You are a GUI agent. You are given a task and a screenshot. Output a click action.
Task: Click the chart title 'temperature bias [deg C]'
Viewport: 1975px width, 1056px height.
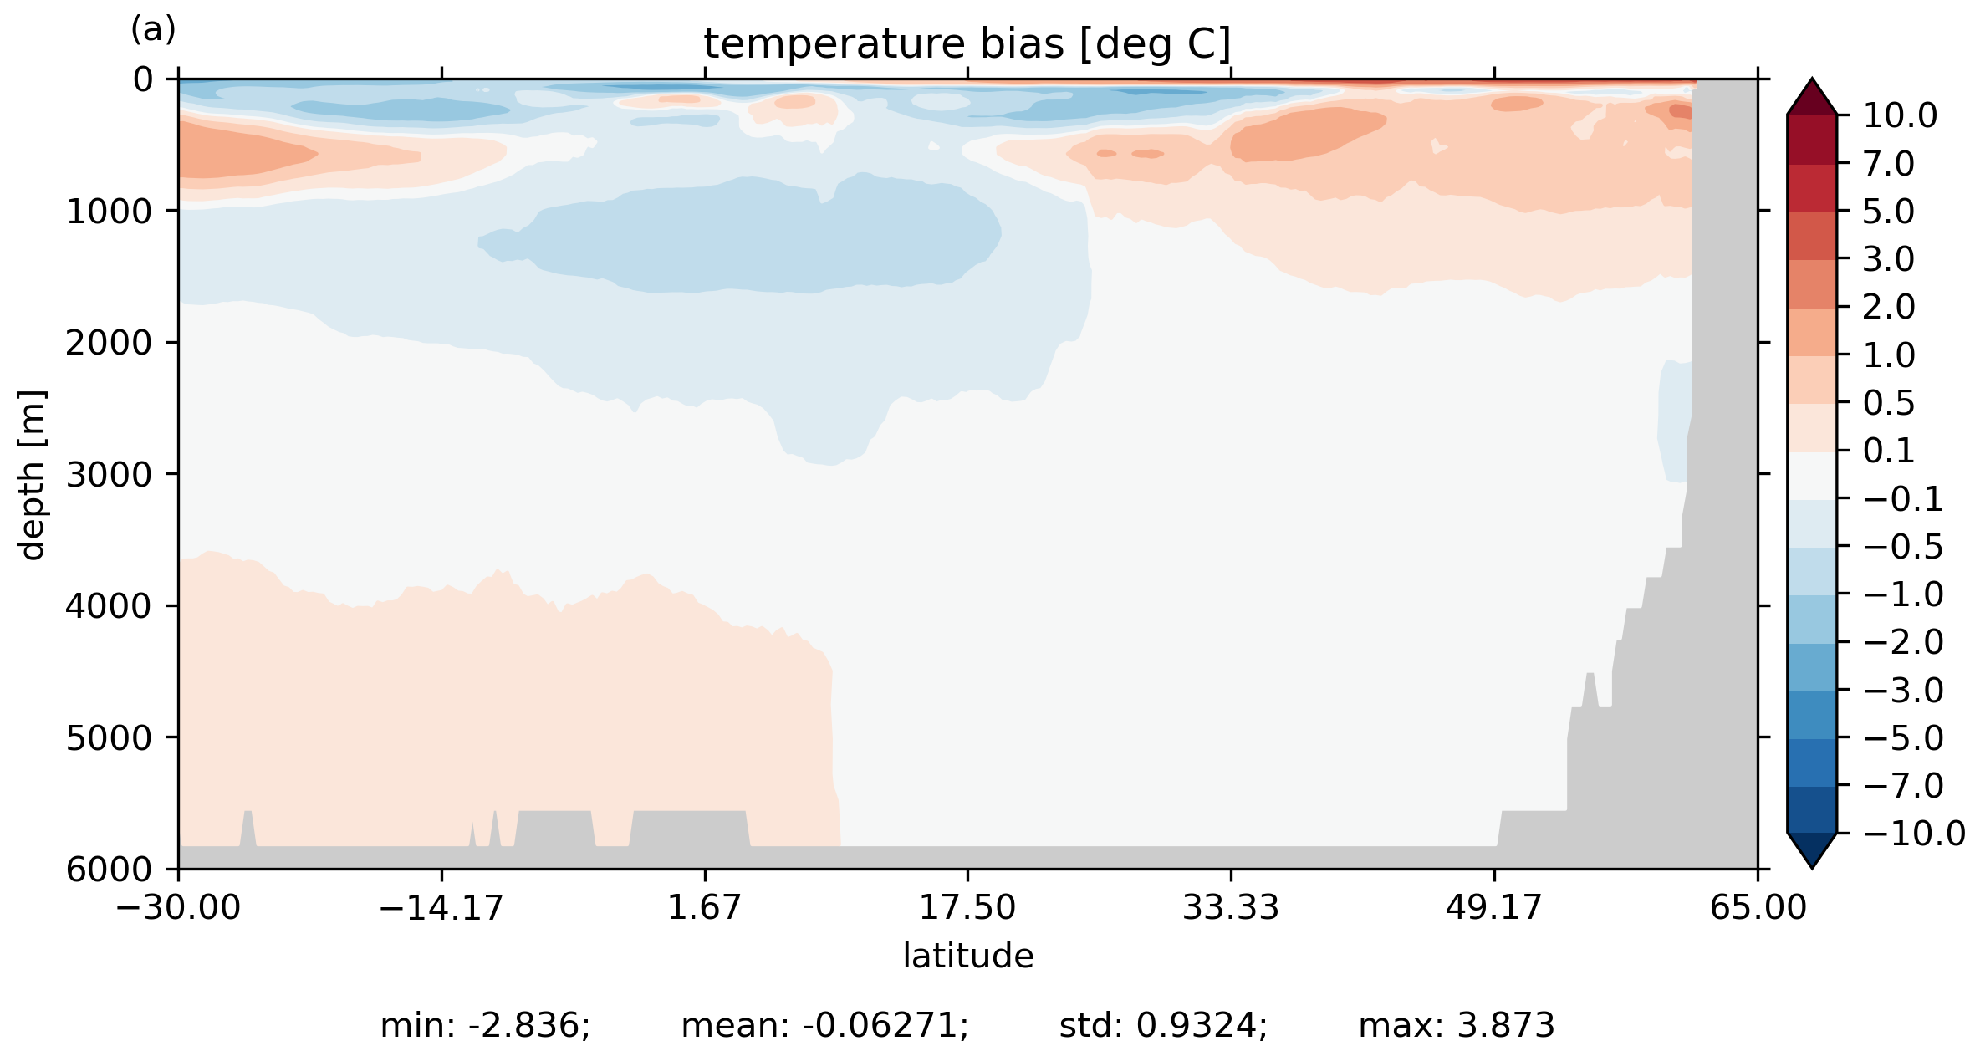pos(967,44)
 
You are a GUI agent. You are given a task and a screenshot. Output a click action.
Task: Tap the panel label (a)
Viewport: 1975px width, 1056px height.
pos(153,30)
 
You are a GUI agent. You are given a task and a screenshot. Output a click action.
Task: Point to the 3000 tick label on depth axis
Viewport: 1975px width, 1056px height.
pos(110,474)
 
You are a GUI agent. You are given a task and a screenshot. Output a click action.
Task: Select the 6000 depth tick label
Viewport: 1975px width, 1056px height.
pos(110,870)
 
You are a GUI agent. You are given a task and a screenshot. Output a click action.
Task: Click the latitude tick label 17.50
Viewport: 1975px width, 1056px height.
pos(967,907)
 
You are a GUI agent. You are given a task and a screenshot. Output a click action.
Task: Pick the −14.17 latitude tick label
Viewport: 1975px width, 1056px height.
pos(441,907)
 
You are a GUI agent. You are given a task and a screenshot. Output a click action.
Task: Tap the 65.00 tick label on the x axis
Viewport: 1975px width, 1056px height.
pos(1758,907)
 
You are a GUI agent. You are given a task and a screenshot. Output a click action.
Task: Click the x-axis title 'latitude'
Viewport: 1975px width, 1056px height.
pos(967,956)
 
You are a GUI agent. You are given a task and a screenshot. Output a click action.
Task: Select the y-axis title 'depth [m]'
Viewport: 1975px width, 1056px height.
pos(32,474)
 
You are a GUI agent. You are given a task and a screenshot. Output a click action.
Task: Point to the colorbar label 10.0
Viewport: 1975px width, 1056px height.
pos(1900,115)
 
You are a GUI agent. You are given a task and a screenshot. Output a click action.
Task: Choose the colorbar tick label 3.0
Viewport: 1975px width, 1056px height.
pos(1888,259)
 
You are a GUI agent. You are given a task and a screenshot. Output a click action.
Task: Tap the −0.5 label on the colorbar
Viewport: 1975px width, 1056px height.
pos(1902,547)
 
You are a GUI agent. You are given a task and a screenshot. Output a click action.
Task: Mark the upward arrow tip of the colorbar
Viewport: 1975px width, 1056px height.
pos(1812,80)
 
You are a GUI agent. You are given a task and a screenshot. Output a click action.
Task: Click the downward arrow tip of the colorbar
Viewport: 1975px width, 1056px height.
pos(1812,867)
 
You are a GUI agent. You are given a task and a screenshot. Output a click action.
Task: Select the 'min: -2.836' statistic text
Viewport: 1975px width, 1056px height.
pos(485,1025)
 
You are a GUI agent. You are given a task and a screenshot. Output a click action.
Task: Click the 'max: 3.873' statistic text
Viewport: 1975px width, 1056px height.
pos(1456,1025)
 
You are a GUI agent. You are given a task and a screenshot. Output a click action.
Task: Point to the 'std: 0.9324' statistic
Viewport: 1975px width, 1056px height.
pos(1163,1025)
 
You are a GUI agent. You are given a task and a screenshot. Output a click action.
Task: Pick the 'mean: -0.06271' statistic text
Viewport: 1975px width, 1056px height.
pos(824,1025)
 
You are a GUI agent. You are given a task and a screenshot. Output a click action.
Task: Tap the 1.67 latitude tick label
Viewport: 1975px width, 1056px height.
pos(704,907)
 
